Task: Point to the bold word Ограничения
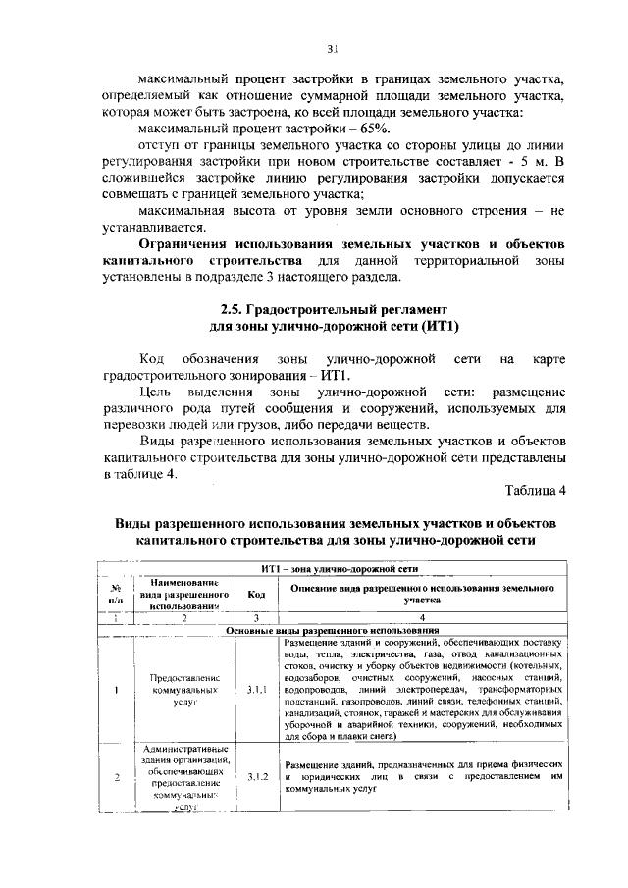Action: [x=188, y=242]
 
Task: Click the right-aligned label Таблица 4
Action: [x=536, y=490]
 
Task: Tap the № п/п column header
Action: [x=116, y=594]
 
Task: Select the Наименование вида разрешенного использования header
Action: [x=183, y=594]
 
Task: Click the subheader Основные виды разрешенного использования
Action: [x=331, y=629]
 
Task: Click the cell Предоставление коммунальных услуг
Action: [x=183, y=691]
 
